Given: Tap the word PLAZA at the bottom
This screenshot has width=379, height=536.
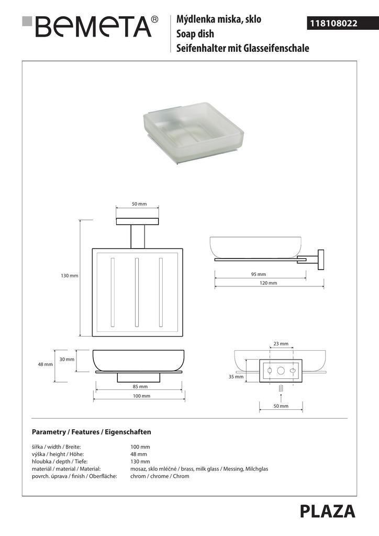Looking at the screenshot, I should [x=328, y=511].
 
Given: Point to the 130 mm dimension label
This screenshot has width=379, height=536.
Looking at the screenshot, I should [x=70, y=276].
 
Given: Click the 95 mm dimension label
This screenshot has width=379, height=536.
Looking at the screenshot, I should [x=259, y=274].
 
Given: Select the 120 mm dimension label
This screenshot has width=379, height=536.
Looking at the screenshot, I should [x=269, y=283].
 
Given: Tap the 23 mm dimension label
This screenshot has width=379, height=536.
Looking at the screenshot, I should [x=281, y=344].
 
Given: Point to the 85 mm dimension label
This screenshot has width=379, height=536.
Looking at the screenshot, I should [x=140, y=387].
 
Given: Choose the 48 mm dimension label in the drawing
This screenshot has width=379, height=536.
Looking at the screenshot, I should [x=45, y=364].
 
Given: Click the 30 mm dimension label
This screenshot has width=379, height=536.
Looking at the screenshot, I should [x=66, y=360].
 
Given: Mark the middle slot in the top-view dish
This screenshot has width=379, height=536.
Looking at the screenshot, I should [x=137, y=292].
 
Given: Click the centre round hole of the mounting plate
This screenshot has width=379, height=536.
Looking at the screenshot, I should [x=281, y=371].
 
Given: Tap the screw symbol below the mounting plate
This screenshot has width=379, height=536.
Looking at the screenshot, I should [x=281, y=389].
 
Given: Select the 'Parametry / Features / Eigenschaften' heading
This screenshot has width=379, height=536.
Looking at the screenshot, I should [x=92, y=432].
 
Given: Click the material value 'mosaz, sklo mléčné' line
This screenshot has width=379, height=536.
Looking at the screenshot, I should [x=199, y=469].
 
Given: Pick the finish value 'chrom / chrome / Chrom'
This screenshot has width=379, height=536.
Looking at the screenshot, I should [x=160, y=476].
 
